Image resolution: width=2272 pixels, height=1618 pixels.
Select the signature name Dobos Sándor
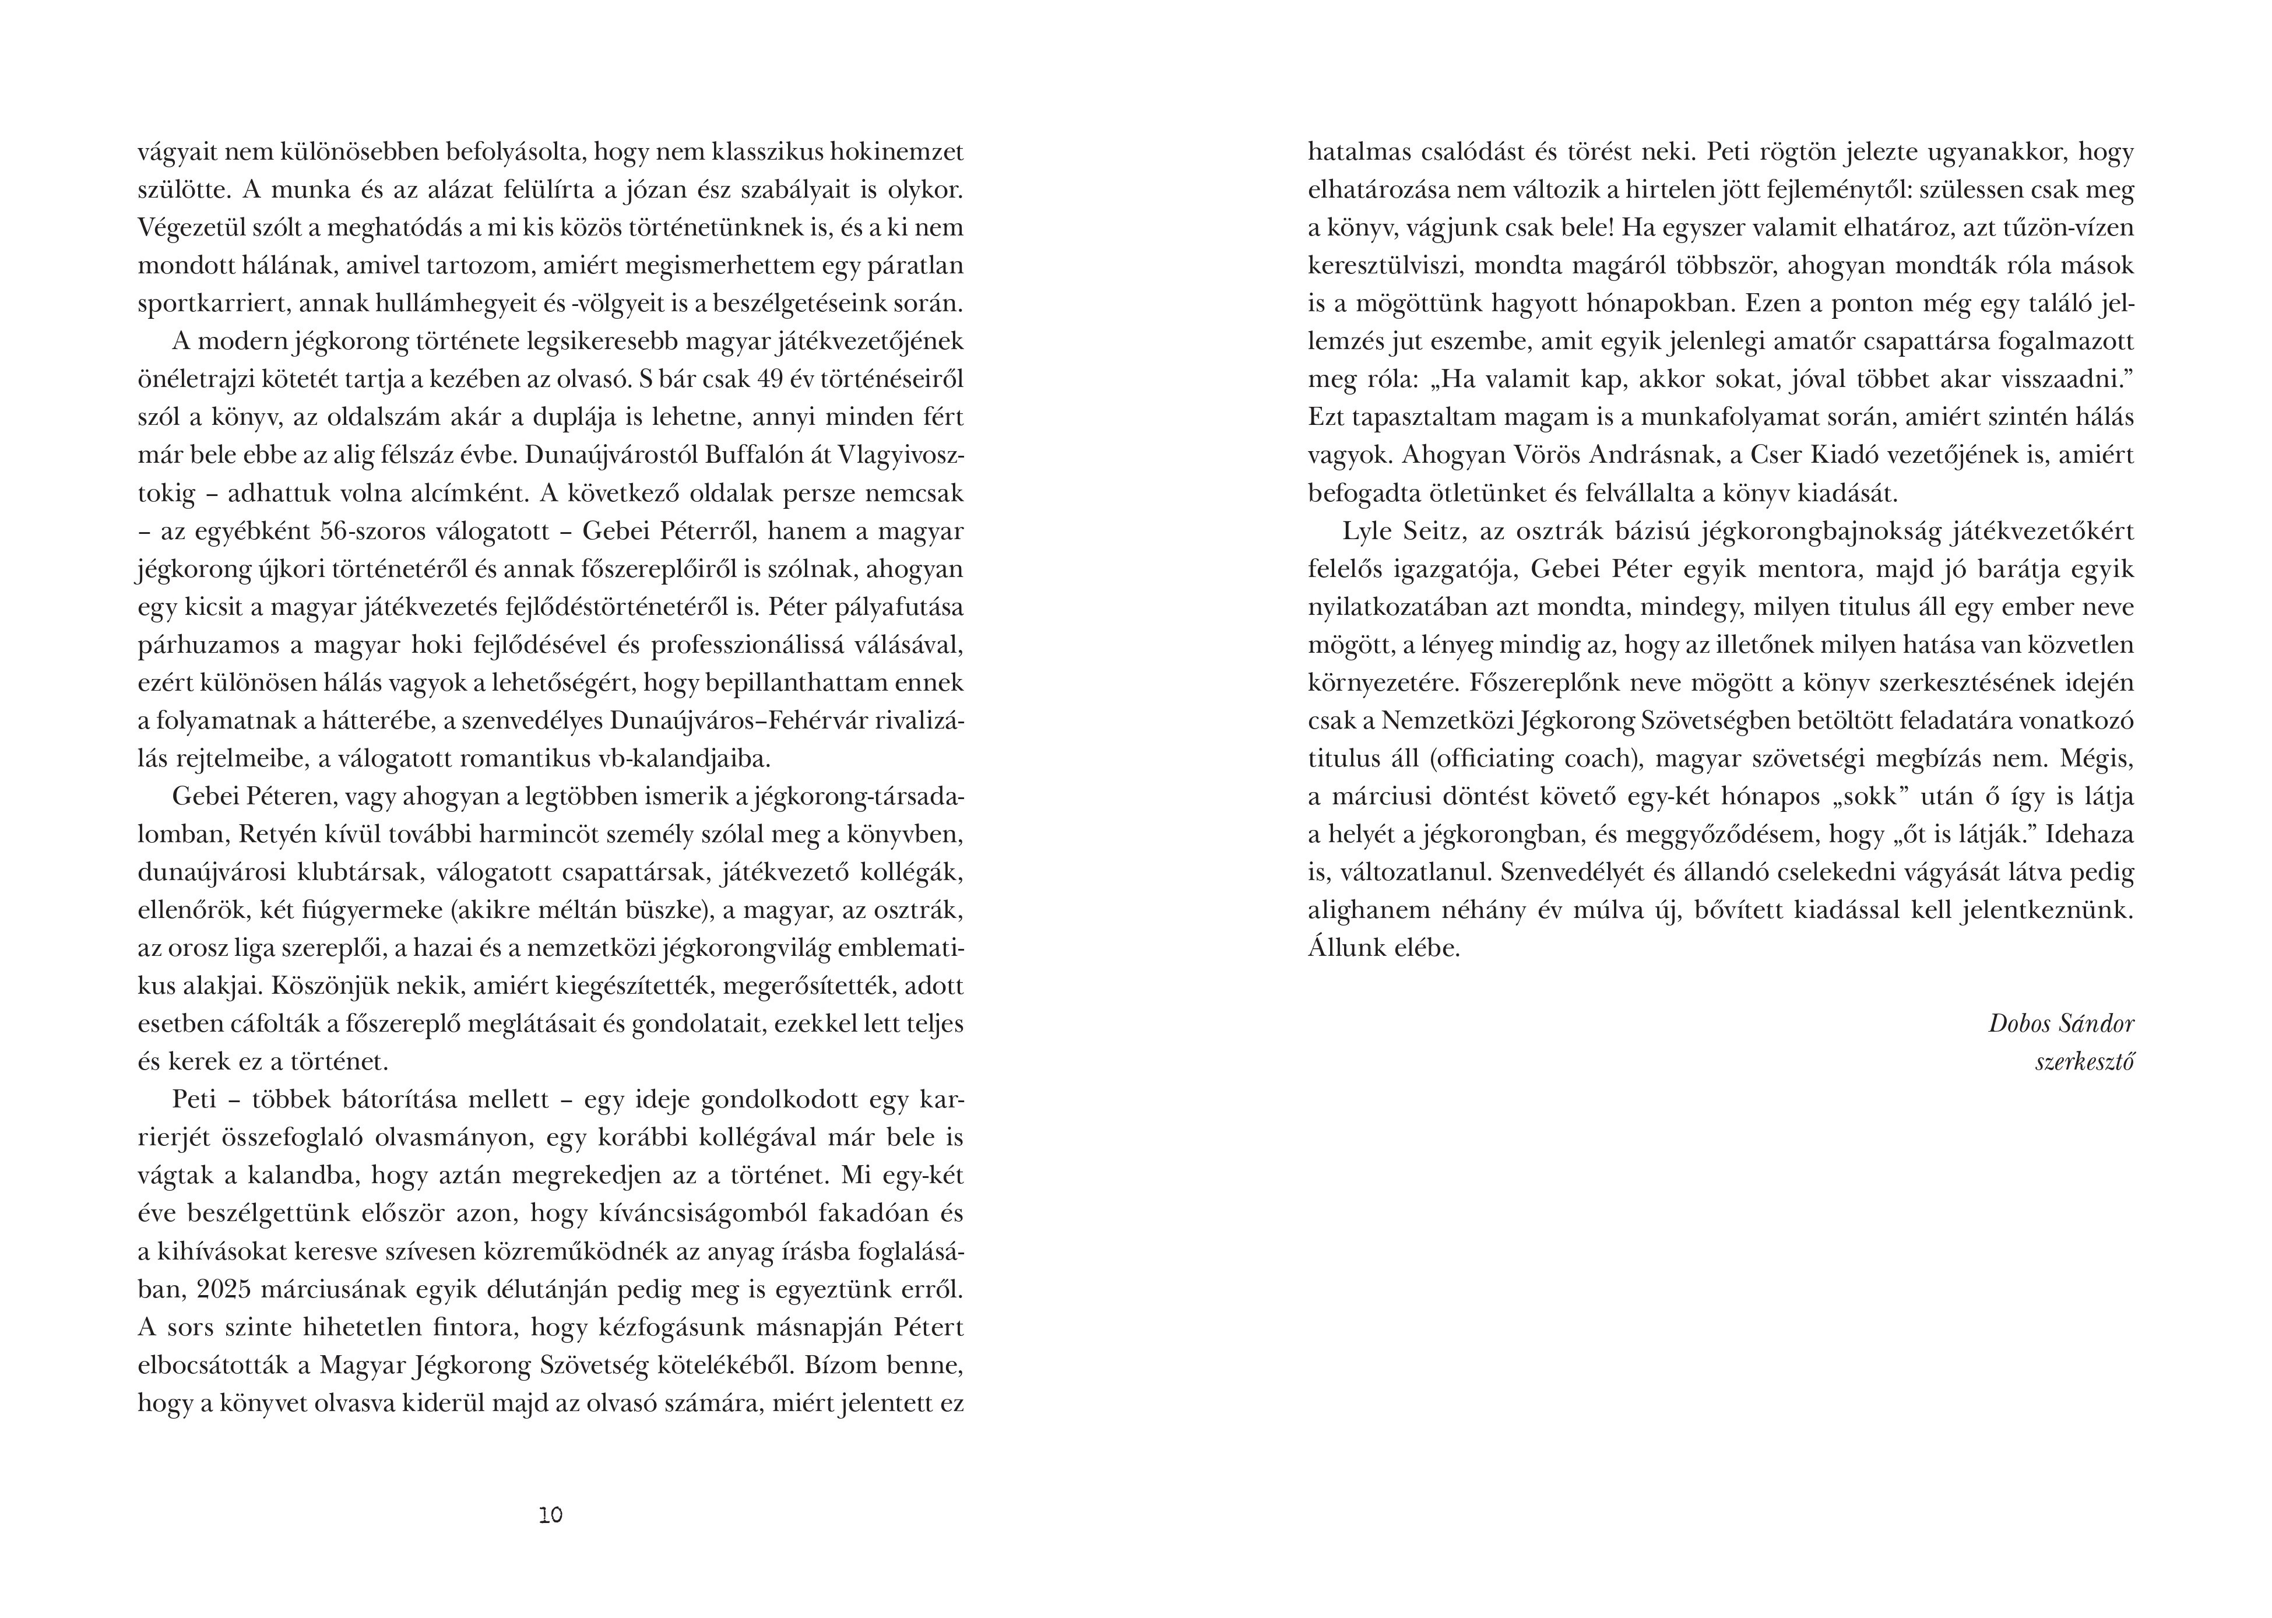pyautogui.click(x=2061, y=1024)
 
